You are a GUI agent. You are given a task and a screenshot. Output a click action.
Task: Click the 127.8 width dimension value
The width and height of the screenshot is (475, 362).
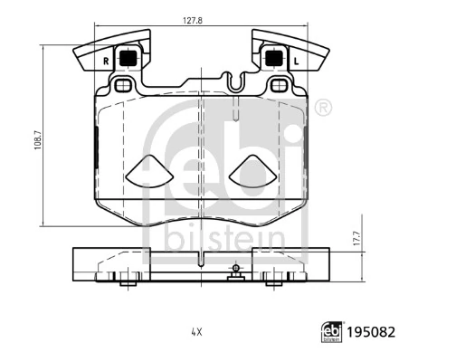coord(193,20)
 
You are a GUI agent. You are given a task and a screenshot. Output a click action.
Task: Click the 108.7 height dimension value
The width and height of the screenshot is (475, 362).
coord(37,140)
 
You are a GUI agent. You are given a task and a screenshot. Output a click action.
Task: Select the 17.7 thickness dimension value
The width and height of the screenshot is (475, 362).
coord(356,238)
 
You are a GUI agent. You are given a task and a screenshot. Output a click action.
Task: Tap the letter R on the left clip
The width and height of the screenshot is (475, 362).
coord(106,62)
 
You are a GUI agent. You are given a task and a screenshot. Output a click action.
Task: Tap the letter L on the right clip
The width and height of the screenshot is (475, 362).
coord(296,62)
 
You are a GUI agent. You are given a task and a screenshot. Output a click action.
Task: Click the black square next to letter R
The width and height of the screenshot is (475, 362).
coord(128,59)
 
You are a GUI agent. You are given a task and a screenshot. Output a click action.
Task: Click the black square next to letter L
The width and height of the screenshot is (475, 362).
coord(274,59)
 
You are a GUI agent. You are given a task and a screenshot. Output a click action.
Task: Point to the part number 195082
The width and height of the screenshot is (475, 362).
coord(371,332)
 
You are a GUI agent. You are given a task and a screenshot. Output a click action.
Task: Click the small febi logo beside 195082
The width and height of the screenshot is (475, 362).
coord(332,332)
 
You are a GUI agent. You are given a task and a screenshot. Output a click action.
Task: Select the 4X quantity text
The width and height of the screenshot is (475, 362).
coord(196,332)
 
